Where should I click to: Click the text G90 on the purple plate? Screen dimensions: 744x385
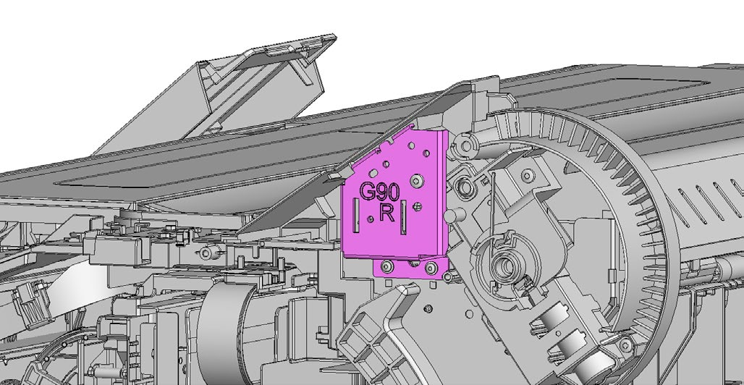tap(379, 192)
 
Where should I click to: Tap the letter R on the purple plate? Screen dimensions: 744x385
tap(386, 213)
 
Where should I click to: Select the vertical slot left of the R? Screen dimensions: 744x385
tap(356, 216)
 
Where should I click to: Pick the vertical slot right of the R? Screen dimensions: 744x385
tap(403, 217)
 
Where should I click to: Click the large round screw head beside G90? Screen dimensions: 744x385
tap(417, 179)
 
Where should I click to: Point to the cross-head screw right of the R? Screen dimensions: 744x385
tap(418, 206)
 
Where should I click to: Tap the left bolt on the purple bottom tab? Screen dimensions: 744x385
tap(386, 267)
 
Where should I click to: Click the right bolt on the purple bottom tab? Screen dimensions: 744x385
tap(431, 268)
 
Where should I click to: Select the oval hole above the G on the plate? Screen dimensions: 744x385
tap(374, 173)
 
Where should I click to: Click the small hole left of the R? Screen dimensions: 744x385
tap(371, 219)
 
